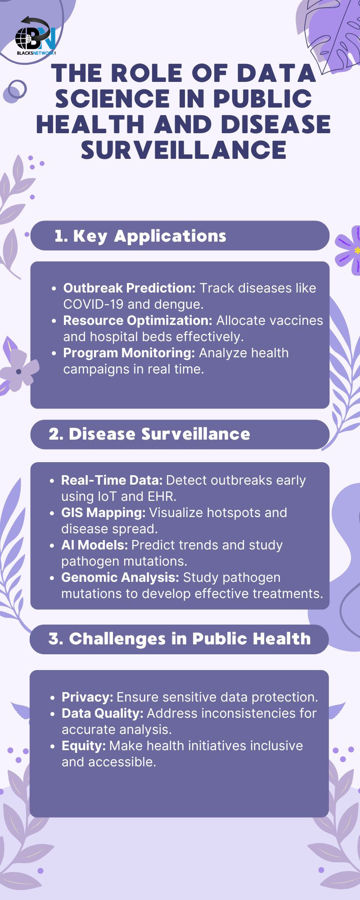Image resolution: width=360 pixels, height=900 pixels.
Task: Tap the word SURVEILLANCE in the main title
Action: point(184,150)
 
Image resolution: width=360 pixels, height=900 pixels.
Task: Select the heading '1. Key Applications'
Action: point(140,236)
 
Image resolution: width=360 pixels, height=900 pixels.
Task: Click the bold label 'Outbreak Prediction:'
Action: point(130,288)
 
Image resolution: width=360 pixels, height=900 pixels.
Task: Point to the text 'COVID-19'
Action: point(93,304)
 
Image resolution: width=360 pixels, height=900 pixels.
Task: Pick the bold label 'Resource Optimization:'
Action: point(138,320)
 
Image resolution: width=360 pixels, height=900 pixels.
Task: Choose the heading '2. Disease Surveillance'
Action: point(149,434)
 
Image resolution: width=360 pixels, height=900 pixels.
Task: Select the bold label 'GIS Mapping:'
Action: point(103,513)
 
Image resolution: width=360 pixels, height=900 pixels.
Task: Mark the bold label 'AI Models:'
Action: point(94,545)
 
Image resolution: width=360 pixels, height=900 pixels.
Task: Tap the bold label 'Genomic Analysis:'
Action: point(120,577)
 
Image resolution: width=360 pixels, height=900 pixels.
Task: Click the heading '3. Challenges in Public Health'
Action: point(180,639)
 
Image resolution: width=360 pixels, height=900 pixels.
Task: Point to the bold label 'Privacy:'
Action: point(87,697)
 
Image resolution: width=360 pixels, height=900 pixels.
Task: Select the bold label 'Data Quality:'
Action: point(103,713)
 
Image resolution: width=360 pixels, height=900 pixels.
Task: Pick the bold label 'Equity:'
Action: point(84,746)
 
